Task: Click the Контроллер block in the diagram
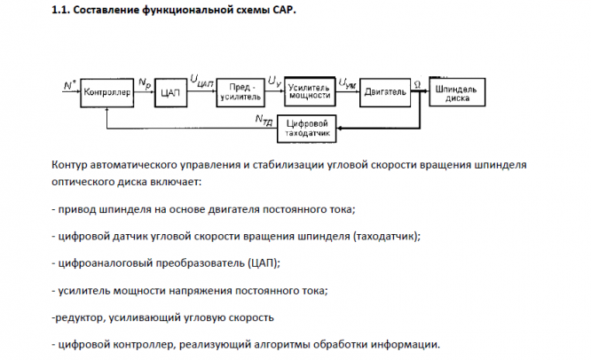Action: tap(107, 92)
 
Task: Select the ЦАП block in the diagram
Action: tap(170, 92)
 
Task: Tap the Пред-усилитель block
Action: tap(240, 92)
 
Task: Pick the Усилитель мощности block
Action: tap(310, 91)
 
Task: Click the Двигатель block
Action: tap(385, 92)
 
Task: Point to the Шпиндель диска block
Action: tap(457, 92)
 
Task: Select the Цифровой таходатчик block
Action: tap(306, 129)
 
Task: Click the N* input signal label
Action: tap(69, 85)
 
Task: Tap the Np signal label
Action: tap(145, 83)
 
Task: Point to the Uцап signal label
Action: tap(202, 81)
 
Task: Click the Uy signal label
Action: tap(274, 82)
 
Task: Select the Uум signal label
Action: tap(347, 83)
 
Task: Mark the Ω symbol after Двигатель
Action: tap(417, 85)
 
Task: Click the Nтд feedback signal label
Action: tap(264, 120)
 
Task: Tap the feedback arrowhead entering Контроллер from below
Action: tap(107, 110)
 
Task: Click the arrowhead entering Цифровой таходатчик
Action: tap(339, 129)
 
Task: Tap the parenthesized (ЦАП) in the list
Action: tap(263, 262)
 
